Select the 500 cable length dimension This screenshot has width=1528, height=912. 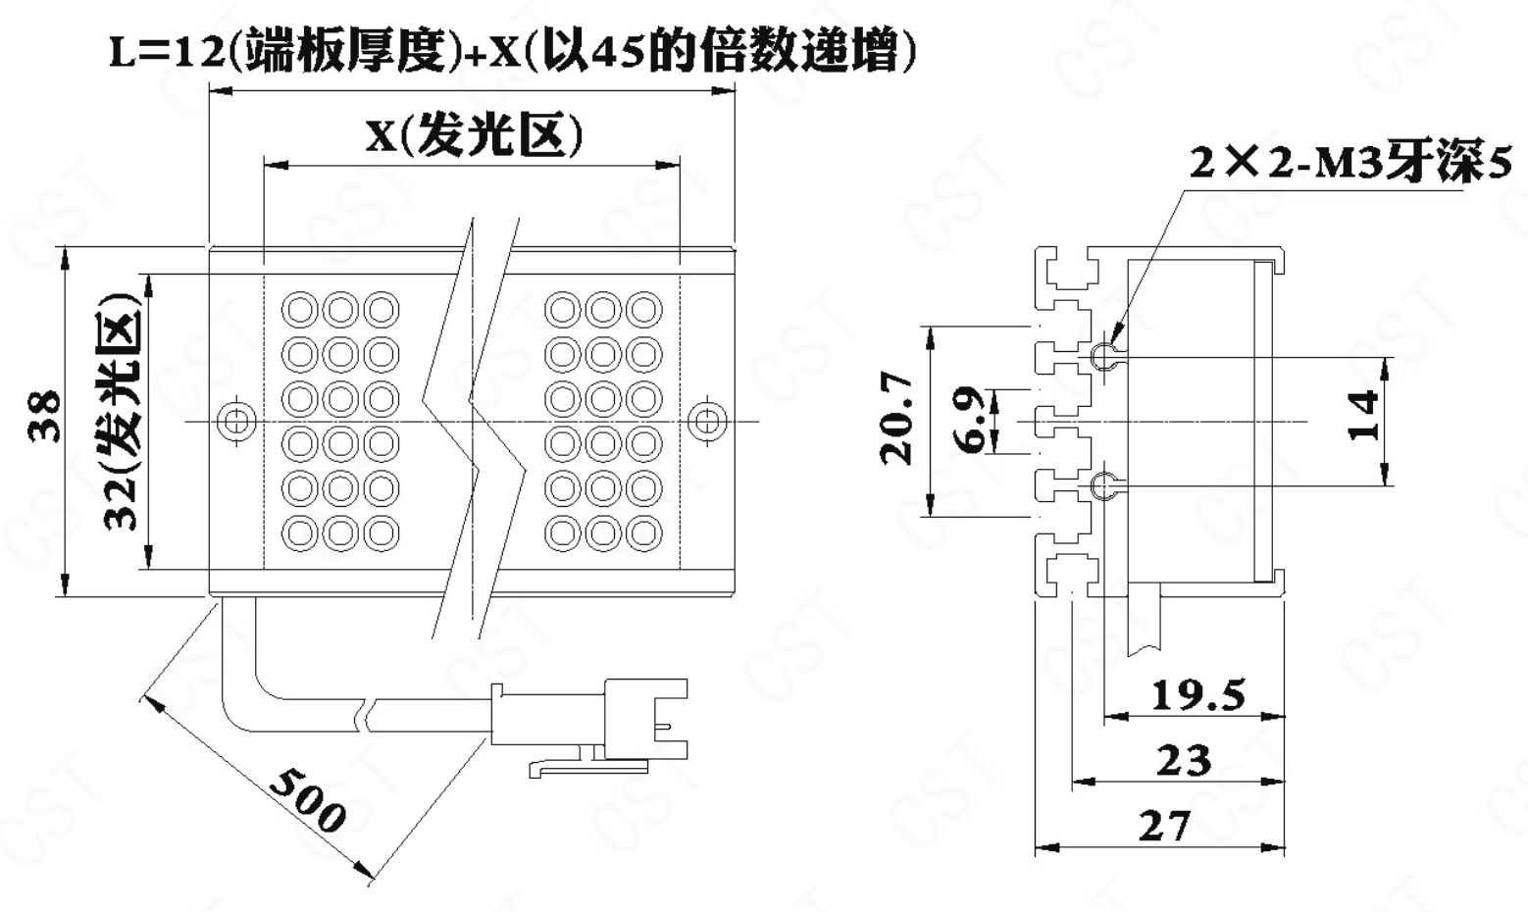[x=307, y=799]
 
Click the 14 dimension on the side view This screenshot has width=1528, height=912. [x=1362, y=417]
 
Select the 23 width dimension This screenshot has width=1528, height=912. [x=1183, y=761]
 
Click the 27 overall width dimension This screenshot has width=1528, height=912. [x=1164, y=826]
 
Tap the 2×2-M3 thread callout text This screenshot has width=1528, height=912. [x=1350, y=164]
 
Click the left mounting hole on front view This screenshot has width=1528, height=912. [x=236, y=422]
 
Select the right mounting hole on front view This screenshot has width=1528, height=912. [x=706, y=422]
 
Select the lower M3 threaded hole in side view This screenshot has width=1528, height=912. [x=1104, y=484]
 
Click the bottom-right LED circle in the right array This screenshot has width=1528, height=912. [x=644, y=532]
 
